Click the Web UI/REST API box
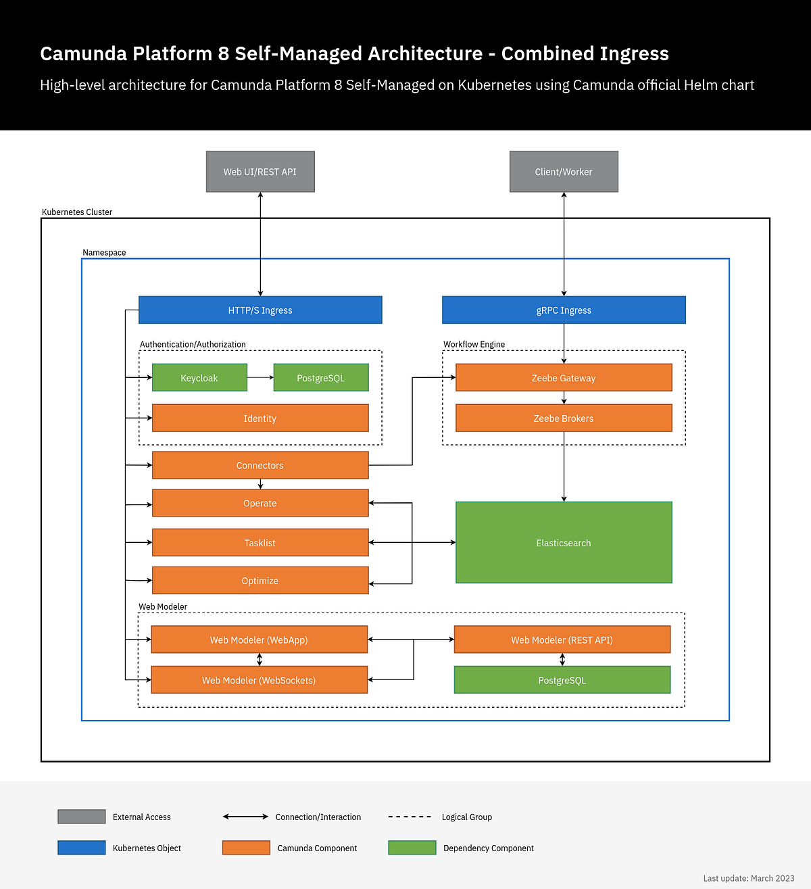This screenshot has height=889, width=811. click(260, 172)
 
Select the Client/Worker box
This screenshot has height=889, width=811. click(564, 172)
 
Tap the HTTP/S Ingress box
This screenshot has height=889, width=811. click(260, 310)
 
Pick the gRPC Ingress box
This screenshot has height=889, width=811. click(564, 310)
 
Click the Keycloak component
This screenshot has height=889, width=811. click(199, 378)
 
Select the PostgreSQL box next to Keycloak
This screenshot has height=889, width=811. click(321, 378)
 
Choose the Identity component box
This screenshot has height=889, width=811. click(260, 418)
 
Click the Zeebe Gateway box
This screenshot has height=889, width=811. click(564, 378)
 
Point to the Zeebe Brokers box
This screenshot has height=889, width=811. click(564, 418)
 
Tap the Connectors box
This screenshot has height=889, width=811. click(260, 466)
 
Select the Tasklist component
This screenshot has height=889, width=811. click(260, 543)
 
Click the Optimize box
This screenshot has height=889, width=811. click(260, 581)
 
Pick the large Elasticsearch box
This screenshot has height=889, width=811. click(564, 543)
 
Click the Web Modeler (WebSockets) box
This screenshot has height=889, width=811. click(259, 680)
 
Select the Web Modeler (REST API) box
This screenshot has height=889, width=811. click(562, 640)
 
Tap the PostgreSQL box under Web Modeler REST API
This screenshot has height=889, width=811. click(562, 680)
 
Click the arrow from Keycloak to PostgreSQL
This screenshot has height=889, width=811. click(260, 378)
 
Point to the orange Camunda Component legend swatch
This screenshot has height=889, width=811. click(246, 848)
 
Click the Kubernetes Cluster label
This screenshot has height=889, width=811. click(77, 212)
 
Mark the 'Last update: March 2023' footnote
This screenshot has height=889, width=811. click(749, 878)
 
